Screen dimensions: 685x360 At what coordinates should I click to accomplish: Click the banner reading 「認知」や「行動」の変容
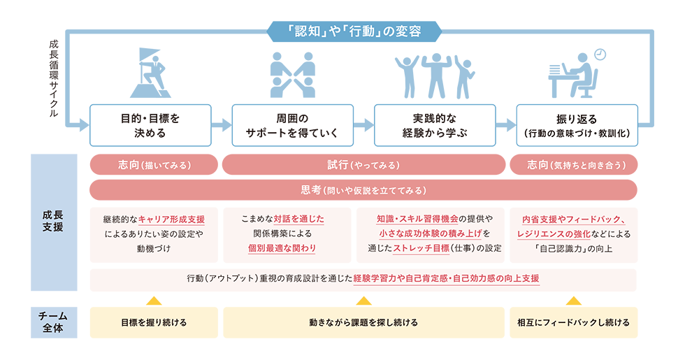pos(354,31)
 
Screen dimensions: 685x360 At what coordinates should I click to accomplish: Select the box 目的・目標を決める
pos(150,125)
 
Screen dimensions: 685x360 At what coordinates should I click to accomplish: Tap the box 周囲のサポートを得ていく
pos(293,125)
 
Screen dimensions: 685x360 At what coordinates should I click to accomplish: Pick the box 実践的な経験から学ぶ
pos(435,125)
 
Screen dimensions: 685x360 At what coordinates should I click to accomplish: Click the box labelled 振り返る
pos(577,125)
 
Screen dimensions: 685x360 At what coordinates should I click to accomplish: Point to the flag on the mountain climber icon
pos(148,55)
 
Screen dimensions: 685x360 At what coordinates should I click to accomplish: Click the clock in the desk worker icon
pos(600,55)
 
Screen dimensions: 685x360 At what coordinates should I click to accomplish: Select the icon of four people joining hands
pos(293,75)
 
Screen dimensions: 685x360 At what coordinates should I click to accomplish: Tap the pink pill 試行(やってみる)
pos(363,165)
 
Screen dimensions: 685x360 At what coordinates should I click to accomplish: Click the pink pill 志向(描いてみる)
pos(154,165)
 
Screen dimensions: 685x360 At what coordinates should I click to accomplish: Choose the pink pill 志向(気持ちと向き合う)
pos(574,165)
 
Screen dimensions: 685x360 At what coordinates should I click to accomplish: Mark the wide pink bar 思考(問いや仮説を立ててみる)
pos(363,190)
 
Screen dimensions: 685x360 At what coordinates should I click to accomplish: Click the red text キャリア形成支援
pos(171,219)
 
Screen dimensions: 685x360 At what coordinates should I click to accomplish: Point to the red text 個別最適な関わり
pos(282,248)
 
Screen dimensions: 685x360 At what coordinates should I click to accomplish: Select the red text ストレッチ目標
pos(421,248)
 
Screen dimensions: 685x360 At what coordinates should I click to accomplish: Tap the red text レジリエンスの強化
pos(554,233)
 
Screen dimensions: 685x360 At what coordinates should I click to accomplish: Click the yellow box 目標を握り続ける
pos(154,322)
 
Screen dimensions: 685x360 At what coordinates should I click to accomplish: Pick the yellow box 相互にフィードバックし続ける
pos(574,322)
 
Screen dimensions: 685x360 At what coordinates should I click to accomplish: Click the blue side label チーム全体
pos(54,322)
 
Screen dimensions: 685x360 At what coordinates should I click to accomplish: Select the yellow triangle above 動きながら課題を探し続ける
pos(363,301)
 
